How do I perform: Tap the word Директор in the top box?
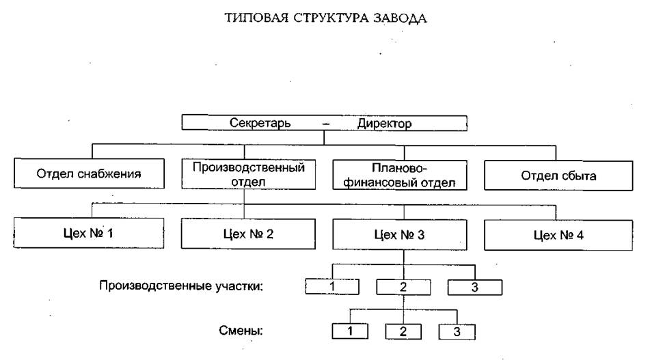coord(385,124)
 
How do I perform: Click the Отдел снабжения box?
coord(89,174)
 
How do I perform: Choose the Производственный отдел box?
coord(249,174)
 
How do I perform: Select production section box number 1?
coord(331,286)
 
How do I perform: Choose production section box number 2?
coord(402,286)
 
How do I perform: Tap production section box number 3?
coord(475,286)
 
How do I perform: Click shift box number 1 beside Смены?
coord(350,331)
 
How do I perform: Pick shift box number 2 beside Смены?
coord(403,332)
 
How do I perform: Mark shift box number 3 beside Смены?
coord(456,332)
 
